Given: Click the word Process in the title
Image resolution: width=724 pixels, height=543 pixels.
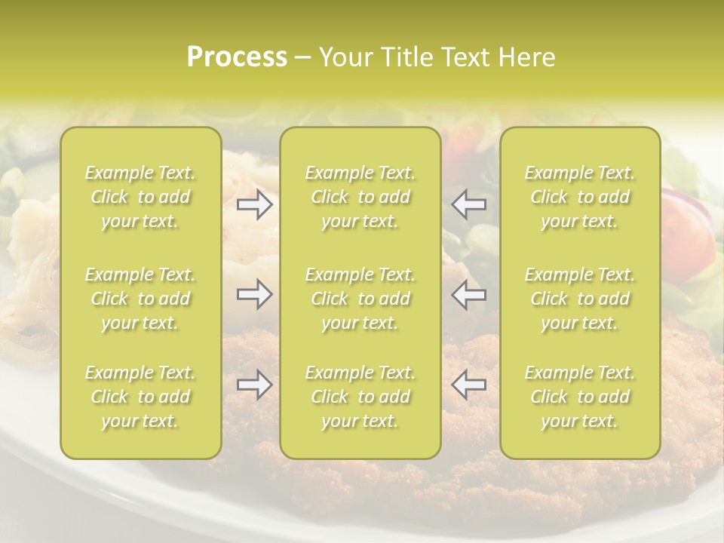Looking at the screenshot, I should pos(237,57).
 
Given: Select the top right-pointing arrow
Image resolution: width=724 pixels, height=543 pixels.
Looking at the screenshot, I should pos(254,204).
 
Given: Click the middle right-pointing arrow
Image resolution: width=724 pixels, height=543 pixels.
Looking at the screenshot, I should pos(254,294).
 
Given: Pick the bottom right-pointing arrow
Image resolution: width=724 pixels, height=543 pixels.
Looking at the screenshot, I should pos(254,385).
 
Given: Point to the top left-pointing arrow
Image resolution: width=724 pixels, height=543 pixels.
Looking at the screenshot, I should pos(469,204).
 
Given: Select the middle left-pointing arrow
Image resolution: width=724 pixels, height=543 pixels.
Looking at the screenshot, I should pos(469,294).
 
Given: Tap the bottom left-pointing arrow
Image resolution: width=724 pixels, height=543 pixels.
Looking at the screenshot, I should pos(469,385).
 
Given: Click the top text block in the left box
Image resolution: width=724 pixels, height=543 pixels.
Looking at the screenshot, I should pos(140,197).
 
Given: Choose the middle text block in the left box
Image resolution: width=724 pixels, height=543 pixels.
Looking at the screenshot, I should pos(140,299).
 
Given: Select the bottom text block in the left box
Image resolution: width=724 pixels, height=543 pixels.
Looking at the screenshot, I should pos(140,397).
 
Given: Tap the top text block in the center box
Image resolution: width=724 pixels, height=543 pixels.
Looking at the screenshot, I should pos(360,197).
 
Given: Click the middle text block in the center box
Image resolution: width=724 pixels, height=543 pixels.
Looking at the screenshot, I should pos(360,299).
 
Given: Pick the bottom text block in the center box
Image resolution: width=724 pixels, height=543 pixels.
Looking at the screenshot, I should pos(360,397).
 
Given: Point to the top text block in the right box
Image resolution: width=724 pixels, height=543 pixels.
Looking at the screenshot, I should pos(580,197).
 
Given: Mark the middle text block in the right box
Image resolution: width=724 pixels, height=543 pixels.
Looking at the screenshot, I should pos(580,299).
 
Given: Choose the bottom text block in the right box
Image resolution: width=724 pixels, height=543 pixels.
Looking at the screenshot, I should pos(580,397).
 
